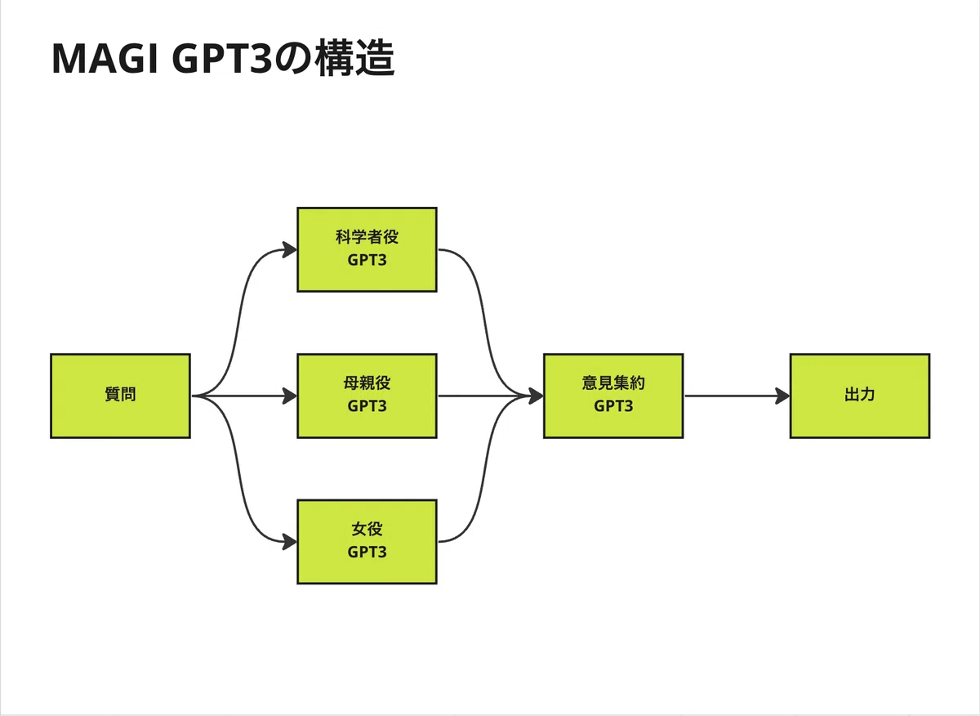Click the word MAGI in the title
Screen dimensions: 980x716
(105, 59)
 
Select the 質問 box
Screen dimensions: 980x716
(120, 396)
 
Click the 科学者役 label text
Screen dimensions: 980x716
(367, 237)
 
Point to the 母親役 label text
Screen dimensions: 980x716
(367, 383)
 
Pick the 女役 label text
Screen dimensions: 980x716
(367, 529)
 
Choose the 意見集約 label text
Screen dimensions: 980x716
(613, 383)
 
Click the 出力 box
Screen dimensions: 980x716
(860, 396)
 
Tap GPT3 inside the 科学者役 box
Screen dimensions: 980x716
(367, 260)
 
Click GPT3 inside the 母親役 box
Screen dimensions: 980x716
(367, 406)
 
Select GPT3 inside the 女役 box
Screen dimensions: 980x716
(367, 553)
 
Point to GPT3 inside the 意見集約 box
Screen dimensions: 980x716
(613, 406)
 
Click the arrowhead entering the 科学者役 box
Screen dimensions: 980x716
(290, 250)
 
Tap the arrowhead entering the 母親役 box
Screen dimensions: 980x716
(290, 396)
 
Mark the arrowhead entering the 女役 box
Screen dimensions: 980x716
(290, 542)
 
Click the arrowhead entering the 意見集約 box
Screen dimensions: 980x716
(536, 396)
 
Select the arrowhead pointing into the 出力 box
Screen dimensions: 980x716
(782, 396)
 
